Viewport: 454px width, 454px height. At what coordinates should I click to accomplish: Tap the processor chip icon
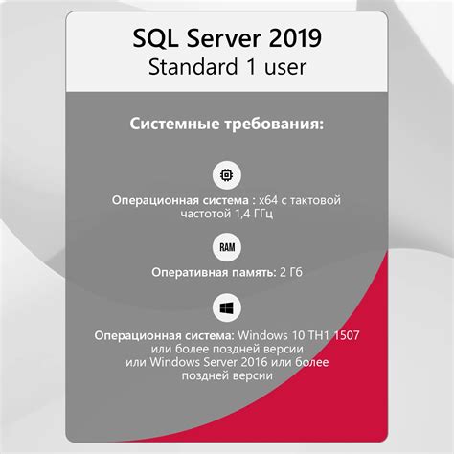tap(227, 176)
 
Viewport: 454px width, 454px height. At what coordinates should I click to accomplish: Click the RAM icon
tap(227, 248)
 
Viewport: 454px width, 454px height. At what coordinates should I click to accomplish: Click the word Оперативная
tap(188, 272)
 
